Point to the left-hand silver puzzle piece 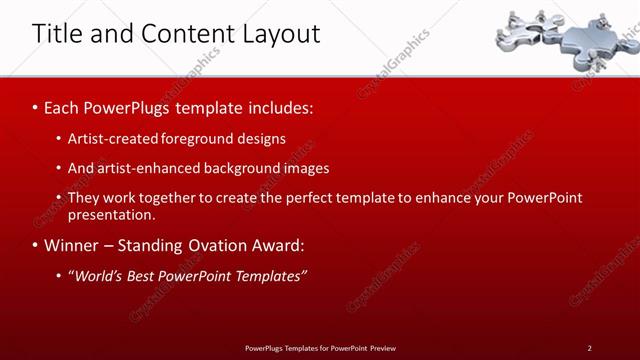pyautogui.click(x=526, y=34)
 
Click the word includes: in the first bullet pyautogui.click(x=279, y=105)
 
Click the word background pyautogui.click(x=241, y=168)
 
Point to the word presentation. pyautogui.click(x=112, y=214)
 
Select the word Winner pyautogui.click(x=72, y=245)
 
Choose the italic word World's pyautogui.click(x=96, y=275)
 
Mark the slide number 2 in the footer pyautogui.click(x=589, y=348)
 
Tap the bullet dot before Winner pyautogui.click(x=36, y=246)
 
